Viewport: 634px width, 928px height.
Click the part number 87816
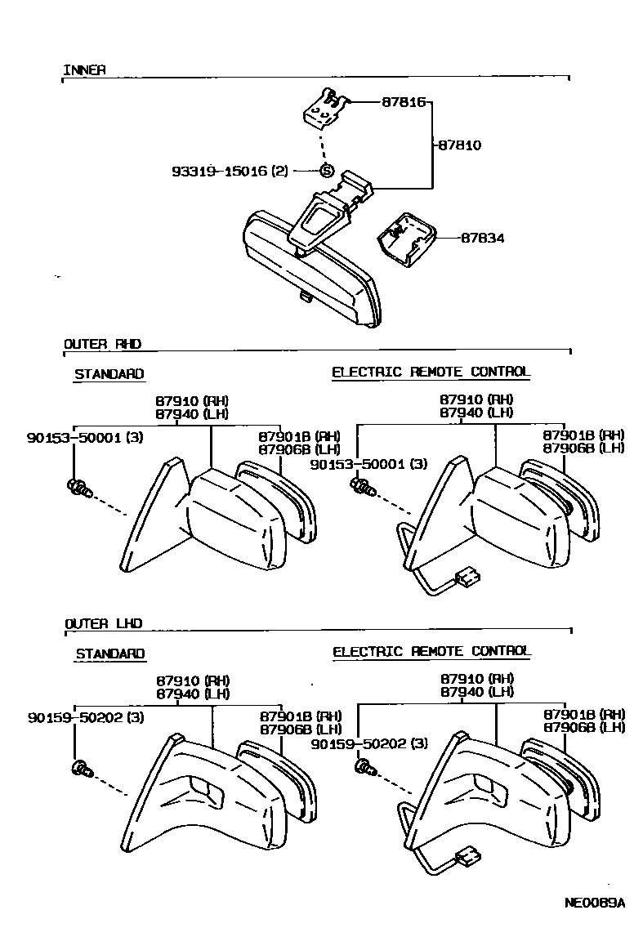coord(404,103)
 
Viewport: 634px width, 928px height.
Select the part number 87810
coord(459,145)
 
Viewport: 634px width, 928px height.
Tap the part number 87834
coord(482,239)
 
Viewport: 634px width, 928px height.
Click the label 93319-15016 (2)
coord(230,172)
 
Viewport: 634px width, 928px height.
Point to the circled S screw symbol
coord(326,171)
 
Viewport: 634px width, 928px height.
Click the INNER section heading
coord(84,70)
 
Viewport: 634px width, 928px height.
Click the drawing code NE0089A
coord(594,903)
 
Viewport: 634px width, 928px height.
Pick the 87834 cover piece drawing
coord(403,239)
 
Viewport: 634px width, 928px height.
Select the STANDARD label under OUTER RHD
coord(109,374)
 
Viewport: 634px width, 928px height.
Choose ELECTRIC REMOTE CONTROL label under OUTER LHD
coord(431,651)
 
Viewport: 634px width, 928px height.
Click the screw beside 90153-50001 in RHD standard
coord(78,489)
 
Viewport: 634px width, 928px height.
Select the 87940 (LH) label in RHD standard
coord(192,413)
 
